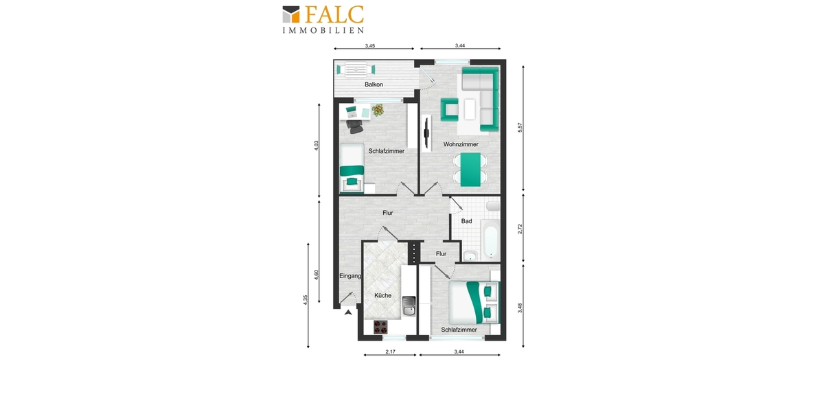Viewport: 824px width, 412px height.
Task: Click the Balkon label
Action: point(374,84)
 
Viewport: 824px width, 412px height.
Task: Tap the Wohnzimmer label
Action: point(461,145)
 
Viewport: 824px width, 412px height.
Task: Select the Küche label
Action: point(382,295)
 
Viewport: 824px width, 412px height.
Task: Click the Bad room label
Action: point(467,221)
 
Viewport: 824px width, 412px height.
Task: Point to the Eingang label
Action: point(350,276)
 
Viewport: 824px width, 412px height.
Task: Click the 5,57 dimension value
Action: point(520,128)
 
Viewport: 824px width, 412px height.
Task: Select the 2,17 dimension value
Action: point(390,352)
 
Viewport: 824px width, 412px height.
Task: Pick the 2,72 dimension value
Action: point(520,229)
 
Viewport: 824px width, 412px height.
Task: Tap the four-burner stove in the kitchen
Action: point(380,328)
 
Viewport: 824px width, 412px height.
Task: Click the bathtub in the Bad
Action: point(490,238)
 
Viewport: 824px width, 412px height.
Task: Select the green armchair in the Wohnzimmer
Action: point(450,108)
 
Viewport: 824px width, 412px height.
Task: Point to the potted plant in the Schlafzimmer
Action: point(378,108)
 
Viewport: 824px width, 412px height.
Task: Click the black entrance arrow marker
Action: point(349,313)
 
